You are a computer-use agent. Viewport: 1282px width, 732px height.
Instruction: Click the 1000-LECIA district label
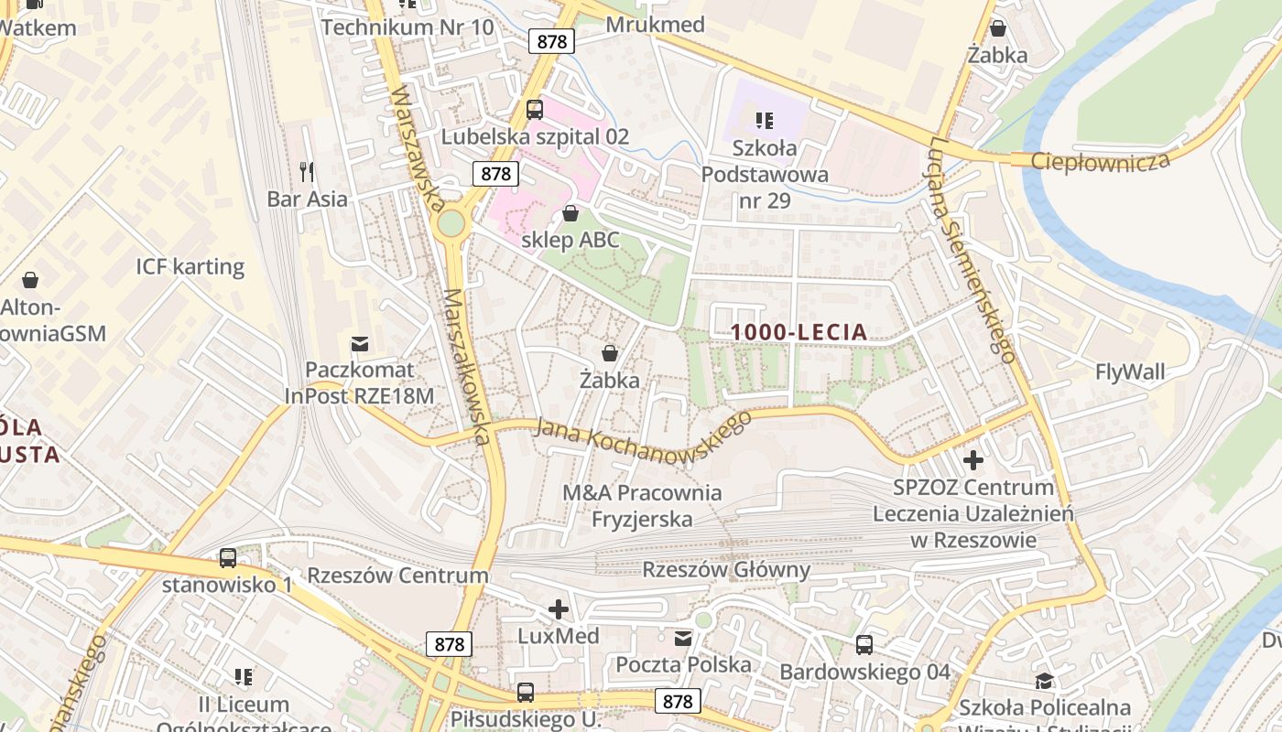[800, 332]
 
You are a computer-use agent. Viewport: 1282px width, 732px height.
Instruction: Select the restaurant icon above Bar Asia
[307, 171]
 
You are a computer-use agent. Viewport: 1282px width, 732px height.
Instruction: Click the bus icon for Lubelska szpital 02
[535, 110]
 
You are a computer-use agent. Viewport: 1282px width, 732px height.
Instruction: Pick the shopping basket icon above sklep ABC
[570, 214]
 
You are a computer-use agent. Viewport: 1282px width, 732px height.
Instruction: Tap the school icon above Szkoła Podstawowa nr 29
[765, 120]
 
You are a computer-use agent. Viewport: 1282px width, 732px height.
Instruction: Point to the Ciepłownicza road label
[1101, 161]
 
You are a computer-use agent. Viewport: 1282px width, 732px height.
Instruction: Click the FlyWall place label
[1130, 371]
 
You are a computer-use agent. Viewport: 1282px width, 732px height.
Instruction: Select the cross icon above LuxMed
[558, 609]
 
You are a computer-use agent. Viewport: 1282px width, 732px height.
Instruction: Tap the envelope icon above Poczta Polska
[683, 639]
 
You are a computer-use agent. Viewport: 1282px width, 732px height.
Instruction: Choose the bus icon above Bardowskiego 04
[864, 645]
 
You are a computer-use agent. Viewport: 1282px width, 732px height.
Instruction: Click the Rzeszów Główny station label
[726, 570]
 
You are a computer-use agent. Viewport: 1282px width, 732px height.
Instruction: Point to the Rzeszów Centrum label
[397, 576]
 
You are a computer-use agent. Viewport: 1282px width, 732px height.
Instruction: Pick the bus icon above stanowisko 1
[227, 557]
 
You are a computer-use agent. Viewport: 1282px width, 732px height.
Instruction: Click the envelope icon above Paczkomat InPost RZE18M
[360, 344]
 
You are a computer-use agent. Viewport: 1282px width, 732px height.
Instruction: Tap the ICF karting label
[190, 267]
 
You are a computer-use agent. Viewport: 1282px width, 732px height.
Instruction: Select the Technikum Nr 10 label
[407, 27]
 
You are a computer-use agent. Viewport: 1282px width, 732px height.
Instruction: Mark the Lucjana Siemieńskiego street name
[972, 249]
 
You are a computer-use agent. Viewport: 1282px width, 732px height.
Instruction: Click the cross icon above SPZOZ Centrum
[972, 459]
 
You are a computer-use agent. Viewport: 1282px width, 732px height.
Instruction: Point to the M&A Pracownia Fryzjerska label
[642, 506]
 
